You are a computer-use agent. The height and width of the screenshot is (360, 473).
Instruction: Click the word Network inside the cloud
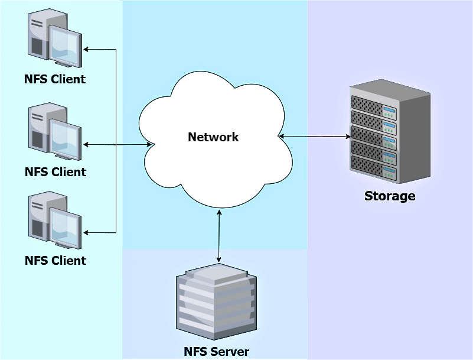tap(213, 137)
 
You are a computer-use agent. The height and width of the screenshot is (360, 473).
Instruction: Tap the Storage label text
tap(390, 196)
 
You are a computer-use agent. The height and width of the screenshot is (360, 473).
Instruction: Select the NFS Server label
tap(216, 352)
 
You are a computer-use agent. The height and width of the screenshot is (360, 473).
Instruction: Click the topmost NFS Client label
tap(55, 79)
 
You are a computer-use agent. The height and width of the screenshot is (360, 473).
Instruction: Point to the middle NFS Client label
tap(56, 171)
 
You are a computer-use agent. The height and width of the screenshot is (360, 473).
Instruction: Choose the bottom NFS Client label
tap(56, 260)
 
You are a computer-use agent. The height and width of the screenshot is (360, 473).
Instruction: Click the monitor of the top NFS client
tap(65, 46)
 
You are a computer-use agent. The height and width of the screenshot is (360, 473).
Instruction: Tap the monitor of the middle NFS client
tap(65, 139)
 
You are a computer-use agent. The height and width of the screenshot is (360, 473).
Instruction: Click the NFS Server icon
tap(216, 301)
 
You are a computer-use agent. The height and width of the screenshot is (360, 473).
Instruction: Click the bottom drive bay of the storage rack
tap(374, 167)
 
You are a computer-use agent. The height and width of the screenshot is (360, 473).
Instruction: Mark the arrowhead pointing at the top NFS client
tap(86, 49)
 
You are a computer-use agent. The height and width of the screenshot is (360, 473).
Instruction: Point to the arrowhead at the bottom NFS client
tap(86, 232)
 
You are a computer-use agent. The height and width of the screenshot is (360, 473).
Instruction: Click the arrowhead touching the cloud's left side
tap(149, 145)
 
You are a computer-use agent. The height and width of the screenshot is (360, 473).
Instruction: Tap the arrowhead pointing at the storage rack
tap(348, 137)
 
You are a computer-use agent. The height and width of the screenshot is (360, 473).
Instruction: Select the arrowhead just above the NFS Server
tap(219, 260)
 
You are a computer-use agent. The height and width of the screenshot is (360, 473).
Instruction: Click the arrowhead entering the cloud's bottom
tap(219, 212)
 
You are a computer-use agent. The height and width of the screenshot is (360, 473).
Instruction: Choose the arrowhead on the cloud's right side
tap(282, 136)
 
